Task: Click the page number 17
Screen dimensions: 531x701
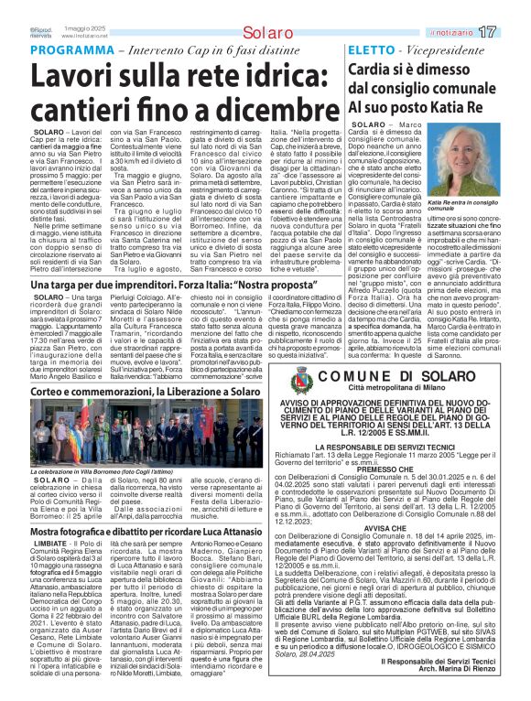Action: (x=512, y=32)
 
